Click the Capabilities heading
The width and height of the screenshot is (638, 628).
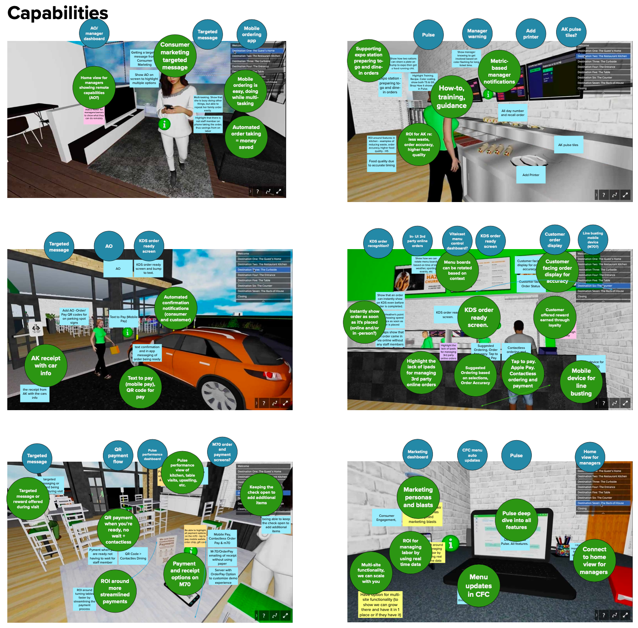[58, 13]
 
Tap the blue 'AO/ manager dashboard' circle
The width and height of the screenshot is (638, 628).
[94, 34]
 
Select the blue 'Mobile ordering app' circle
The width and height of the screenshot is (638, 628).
[252, 34]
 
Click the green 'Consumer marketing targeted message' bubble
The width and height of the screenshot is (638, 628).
[175, 56]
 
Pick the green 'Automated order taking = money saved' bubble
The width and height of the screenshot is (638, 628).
[246, 137]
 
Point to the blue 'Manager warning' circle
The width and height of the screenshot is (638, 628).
[477, 34]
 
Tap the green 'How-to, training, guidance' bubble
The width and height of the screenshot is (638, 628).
[452, 97]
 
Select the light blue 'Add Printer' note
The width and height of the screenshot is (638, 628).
[531, 175]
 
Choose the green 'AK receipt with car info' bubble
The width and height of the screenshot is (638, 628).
[46, 365]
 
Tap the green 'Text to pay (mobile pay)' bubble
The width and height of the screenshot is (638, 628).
[140, 387]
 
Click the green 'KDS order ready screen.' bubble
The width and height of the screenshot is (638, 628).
[479, 317]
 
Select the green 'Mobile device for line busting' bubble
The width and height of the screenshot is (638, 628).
[581, 382]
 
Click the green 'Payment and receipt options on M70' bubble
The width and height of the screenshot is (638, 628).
[185, 574]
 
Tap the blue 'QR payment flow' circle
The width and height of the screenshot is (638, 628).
[118, 455]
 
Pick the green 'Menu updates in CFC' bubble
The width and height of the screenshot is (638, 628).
[479, 585]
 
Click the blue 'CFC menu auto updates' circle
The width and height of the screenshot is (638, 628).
[472, 455]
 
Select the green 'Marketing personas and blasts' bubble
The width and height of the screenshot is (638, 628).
[418, 497]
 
